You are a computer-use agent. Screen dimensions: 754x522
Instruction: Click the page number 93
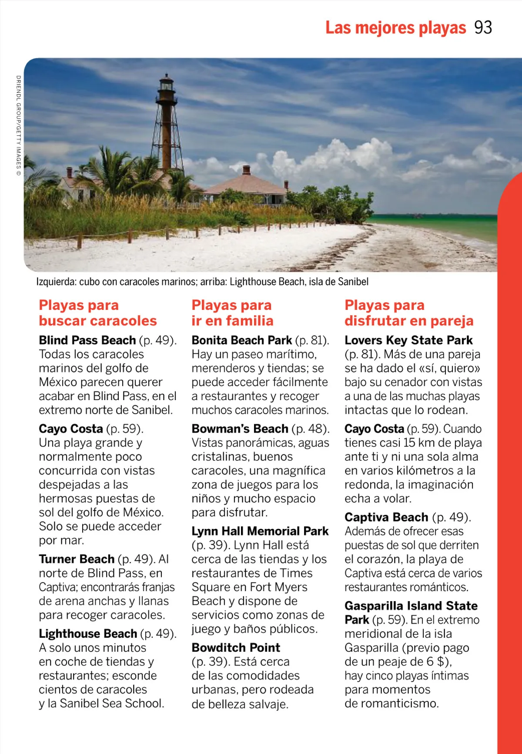483,28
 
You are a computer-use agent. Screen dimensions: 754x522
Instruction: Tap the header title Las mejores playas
395,28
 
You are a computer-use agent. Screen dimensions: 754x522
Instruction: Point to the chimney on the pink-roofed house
247,170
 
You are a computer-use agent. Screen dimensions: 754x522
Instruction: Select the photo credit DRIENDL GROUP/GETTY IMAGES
18,125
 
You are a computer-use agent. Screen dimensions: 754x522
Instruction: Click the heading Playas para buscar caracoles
97,313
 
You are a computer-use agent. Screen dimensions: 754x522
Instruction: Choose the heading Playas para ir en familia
232,313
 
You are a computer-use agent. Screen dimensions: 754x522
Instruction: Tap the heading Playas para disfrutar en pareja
408,313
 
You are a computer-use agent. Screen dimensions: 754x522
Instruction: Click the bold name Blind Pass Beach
87,340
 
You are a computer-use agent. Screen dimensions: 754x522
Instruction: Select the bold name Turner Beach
77,559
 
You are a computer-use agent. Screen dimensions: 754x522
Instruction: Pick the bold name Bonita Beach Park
241,340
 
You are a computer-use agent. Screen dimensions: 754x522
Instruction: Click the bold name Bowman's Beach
240,429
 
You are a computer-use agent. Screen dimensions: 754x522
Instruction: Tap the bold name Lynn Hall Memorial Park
260,531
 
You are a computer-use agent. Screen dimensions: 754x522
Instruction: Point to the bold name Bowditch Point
236,648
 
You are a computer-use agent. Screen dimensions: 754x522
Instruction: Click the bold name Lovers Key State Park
408,340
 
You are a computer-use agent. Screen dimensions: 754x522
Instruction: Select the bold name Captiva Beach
386,517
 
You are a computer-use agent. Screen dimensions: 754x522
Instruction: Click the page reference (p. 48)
311,429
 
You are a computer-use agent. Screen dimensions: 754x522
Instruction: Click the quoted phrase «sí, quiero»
449,368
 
